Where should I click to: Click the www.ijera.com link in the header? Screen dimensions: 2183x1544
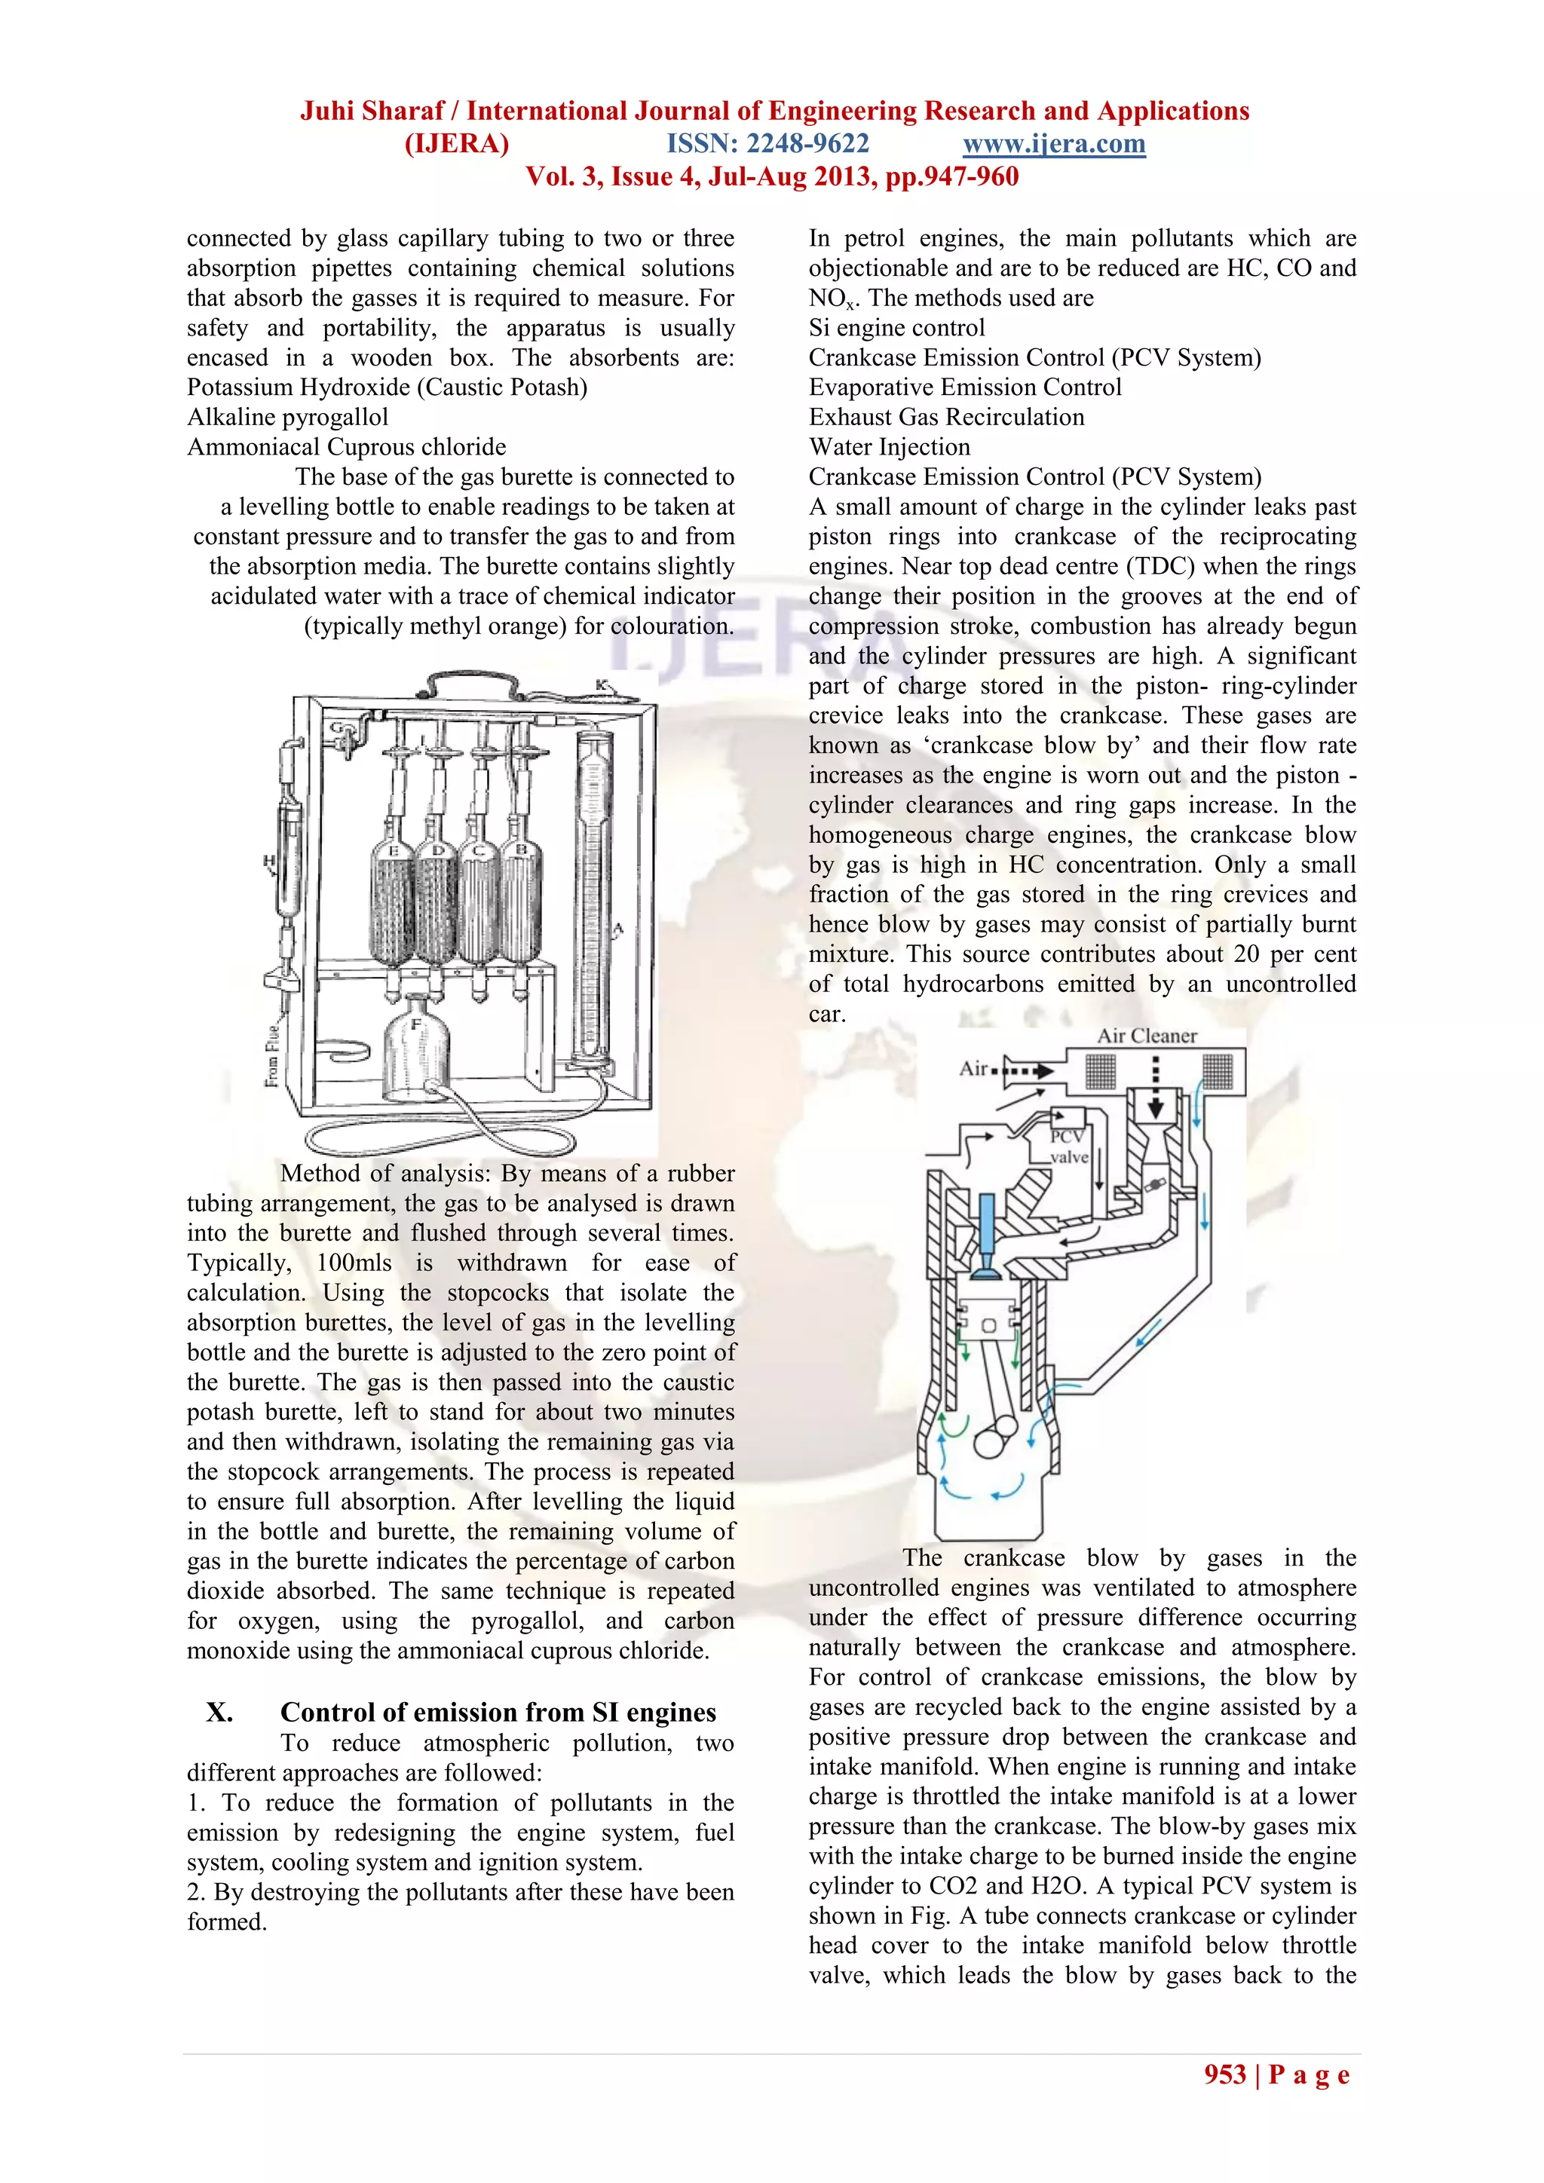[1053, 145]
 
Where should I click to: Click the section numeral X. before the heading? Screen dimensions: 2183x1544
[219, 1713]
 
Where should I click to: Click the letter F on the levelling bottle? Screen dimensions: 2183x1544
[415, 1025]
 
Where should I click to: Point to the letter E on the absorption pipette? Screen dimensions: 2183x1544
[394, 851]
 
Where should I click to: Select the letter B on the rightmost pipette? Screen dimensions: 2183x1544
[520, 849]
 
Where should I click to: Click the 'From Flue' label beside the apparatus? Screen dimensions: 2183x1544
[273, 1056]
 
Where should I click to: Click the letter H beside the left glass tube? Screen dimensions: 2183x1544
[269, 862]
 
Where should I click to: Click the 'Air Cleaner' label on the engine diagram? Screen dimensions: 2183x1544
[1147, 1036]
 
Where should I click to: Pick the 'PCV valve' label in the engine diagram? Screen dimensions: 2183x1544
[1068, 1147]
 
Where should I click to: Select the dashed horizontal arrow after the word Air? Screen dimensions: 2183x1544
[1025, 1070]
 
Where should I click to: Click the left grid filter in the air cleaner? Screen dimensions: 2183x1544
[1100, 1073]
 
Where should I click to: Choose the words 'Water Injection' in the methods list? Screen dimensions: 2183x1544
[889, 447]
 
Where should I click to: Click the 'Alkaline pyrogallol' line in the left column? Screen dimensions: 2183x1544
[287, 418]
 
